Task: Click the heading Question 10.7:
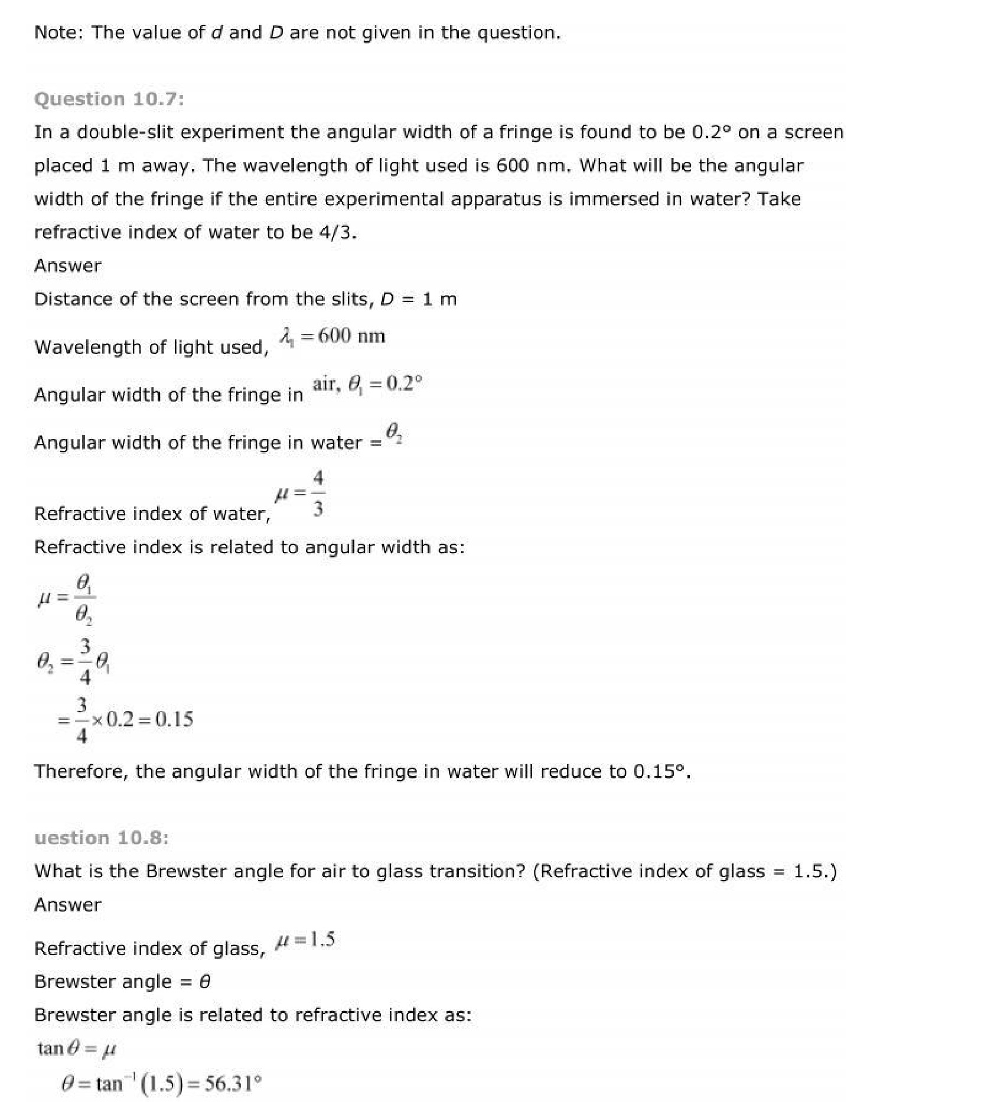(x=109, y=99)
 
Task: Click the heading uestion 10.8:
(x=102, y=837)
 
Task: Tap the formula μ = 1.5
(x=306, y=940)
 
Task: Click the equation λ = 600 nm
(x=333, y=336)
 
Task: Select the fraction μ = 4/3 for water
(x=301, y=493)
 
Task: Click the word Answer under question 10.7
(x=68, y=265)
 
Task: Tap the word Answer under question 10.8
(x=68, y=904)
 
